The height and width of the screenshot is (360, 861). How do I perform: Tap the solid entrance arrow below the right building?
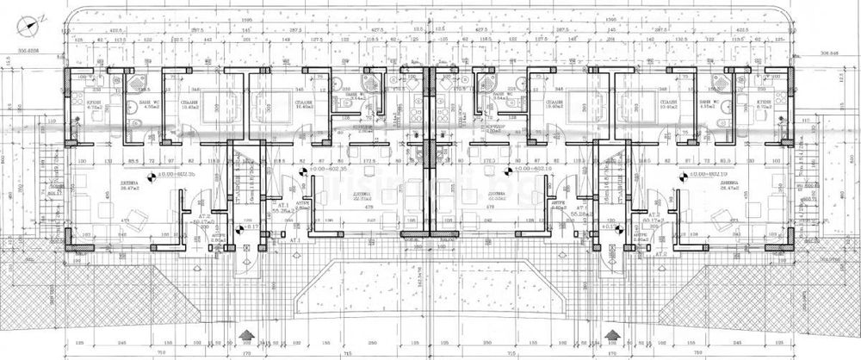point(613,332)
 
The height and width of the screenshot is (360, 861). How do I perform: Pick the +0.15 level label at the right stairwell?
point(609,229)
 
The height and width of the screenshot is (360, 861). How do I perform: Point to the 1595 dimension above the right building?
point(613,16)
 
